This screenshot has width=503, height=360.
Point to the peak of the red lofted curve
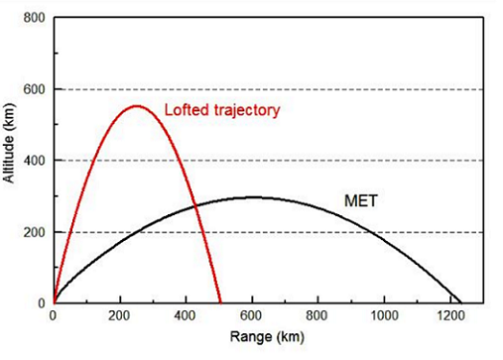[136, 106]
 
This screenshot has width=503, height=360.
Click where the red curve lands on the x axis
[220, 302]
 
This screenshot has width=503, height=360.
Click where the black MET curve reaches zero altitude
[461, 302]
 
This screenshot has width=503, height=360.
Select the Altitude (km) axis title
[10, 161]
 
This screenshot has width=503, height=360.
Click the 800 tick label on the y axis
[35, 18]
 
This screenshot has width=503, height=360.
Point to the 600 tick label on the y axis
[35, 89]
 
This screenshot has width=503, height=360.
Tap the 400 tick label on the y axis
[35, 161]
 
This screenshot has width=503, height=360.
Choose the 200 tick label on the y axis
[35, 232]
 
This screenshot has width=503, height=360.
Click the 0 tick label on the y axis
[42, 302]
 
